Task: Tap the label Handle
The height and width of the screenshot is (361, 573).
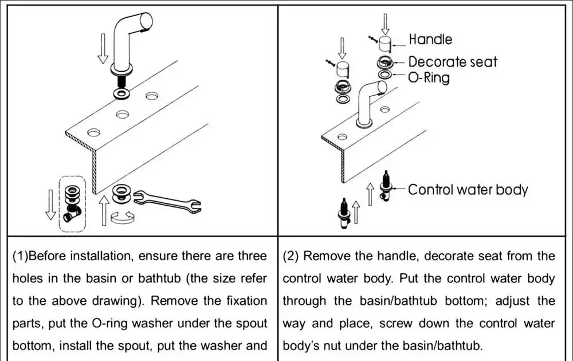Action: tap(430, 40)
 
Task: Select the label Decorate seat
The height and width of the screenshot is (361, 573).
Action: tap(453, 62)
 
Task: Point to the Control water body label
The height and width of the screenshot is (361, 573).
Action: tap(468, 189)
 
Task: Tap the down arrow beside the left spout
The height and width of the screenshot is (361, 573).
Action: tap(103, 48)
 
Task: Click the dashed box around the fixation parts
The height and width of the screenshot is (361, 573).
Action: tap(72, 203)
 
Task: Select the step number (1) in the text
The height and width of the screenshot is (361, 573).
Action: tap(21, 256)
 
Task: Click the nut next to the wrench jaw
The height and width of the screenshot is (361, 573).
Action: tap(121, 193)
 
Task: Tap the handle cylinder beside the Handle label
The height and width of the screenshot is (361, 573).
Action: tap(386, 44)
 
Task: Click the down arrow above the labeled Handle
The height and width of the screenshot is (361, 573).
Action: tap(386, 23)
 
